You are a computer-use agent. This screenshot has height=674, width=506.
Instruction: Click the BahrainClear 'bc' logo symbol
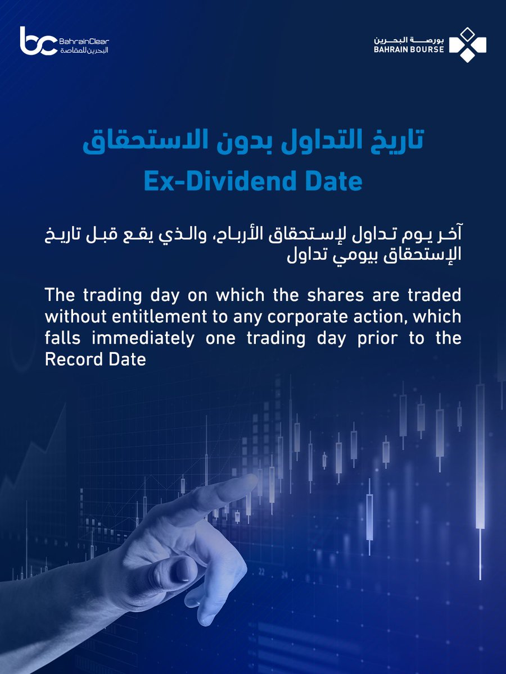(38, 41)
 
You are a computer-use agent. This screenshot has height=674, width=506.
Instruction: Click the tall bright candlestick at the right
(480, 455)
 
